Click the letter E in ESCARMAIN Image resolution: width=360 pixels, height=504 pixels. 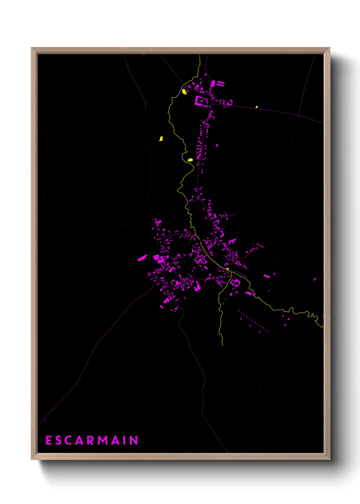tap(49, 440)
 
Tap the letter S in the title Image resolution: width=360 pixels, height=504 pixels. tap(59, 440)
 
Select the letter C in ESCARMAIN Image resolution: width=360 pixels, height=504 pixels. tap(69, 440)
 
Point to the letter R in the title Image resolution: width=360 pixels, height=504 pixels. tap(91, 440)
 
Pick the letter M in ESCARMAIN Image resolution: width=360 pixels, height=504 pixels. tap(103, 440)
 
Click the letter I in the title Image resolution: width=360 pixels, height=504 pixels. tap(125, 440)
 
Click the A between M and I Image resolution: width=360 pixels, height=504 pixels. tap(116, 440)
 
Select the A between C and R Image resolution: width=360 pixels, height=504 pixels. tap(80, 440)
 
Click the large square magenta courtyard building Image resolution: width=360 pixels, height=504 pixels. tap(201, 101)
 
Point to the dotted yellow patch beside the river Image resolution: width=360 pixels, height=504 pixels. tap(184, 91)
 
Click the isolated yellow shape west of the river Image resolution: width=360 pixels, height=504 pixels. tap(161, 139)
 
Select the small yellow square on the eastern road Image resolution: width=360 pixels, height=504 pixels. tap(257, 107)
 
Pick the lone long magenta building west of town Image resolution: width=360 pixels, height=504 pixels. tap(142, 258)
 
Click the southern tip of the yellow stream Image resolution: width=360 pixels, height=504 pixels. tap(223, 345)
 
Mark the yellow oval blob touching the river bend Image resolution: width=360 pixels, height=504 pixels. tap(190, 159)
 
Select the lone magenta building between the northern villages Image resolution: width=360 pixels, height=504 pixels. tap(217, 145)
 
